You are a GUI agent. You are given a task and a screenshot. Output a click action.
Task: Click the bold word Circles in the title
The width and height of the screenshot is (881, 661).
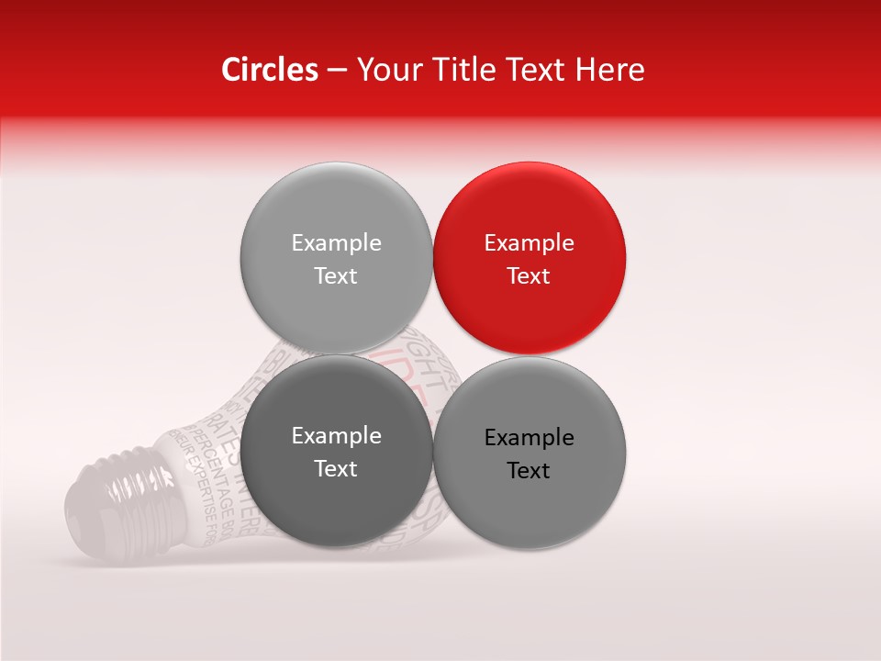(x=269, y=70)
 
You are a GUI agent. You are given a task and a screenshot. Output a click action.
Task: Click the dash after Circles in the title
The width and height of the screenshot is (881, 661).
(x=337, y=71)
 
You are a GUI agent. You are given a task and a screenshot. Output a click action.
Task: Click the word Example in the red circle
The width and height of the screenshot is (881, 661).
(x=529, y=243)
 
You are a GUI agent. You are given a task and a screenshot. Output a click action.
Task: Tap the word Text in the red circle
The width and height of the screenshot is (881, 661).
(x=529, y=276)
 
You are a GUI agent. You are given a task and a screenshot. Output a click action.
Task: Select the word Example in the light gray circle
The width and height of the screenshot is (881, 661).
(x=336, y=243)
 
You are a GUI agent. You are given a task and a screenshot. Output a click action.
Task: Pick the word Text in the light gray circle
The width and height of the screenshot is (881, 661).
(x=336, y=276)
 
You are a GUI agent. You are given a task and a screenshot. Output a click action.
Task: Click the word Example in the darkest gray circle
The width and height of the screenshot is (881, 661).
(x=336, y=436)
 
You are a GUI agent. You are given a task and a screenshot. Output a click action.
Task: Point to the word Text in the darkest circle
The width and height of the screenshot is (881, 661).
(x=336, y=469)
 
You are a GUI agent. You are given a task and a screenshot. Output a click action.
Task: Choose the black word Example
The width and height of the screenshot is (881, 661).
(x=529, y=438)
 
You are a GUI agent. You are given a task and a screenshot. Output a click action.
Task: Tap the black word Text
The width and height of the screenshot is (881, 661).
(x=529, y=471)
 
